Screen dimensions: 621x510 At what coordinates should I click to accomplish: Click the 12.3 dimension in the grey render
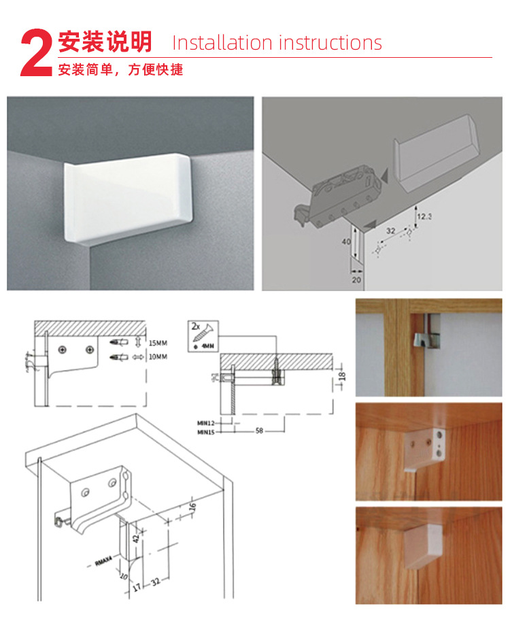pyautogui.click(x=425, y=216)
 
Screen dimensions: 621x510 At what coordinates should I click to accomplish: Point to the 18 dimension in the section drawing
pyautogui.click(x=341, y=375)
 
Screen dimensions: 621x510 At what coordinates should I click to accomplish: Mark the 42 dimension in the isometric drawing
pyautogui.click(x=135, y=537)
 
